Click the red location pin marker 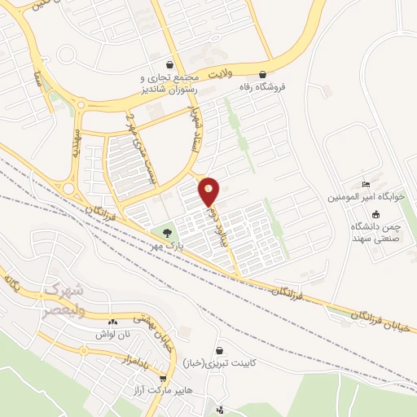tap(209, 192)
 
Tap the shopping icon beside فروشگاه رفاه tap(262, 72)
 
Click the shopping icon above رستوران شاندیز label tap(169, 64)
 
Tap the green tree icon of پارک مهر tap(168, 233)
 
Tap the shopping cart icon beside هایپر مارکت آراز tap(164, 379)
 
